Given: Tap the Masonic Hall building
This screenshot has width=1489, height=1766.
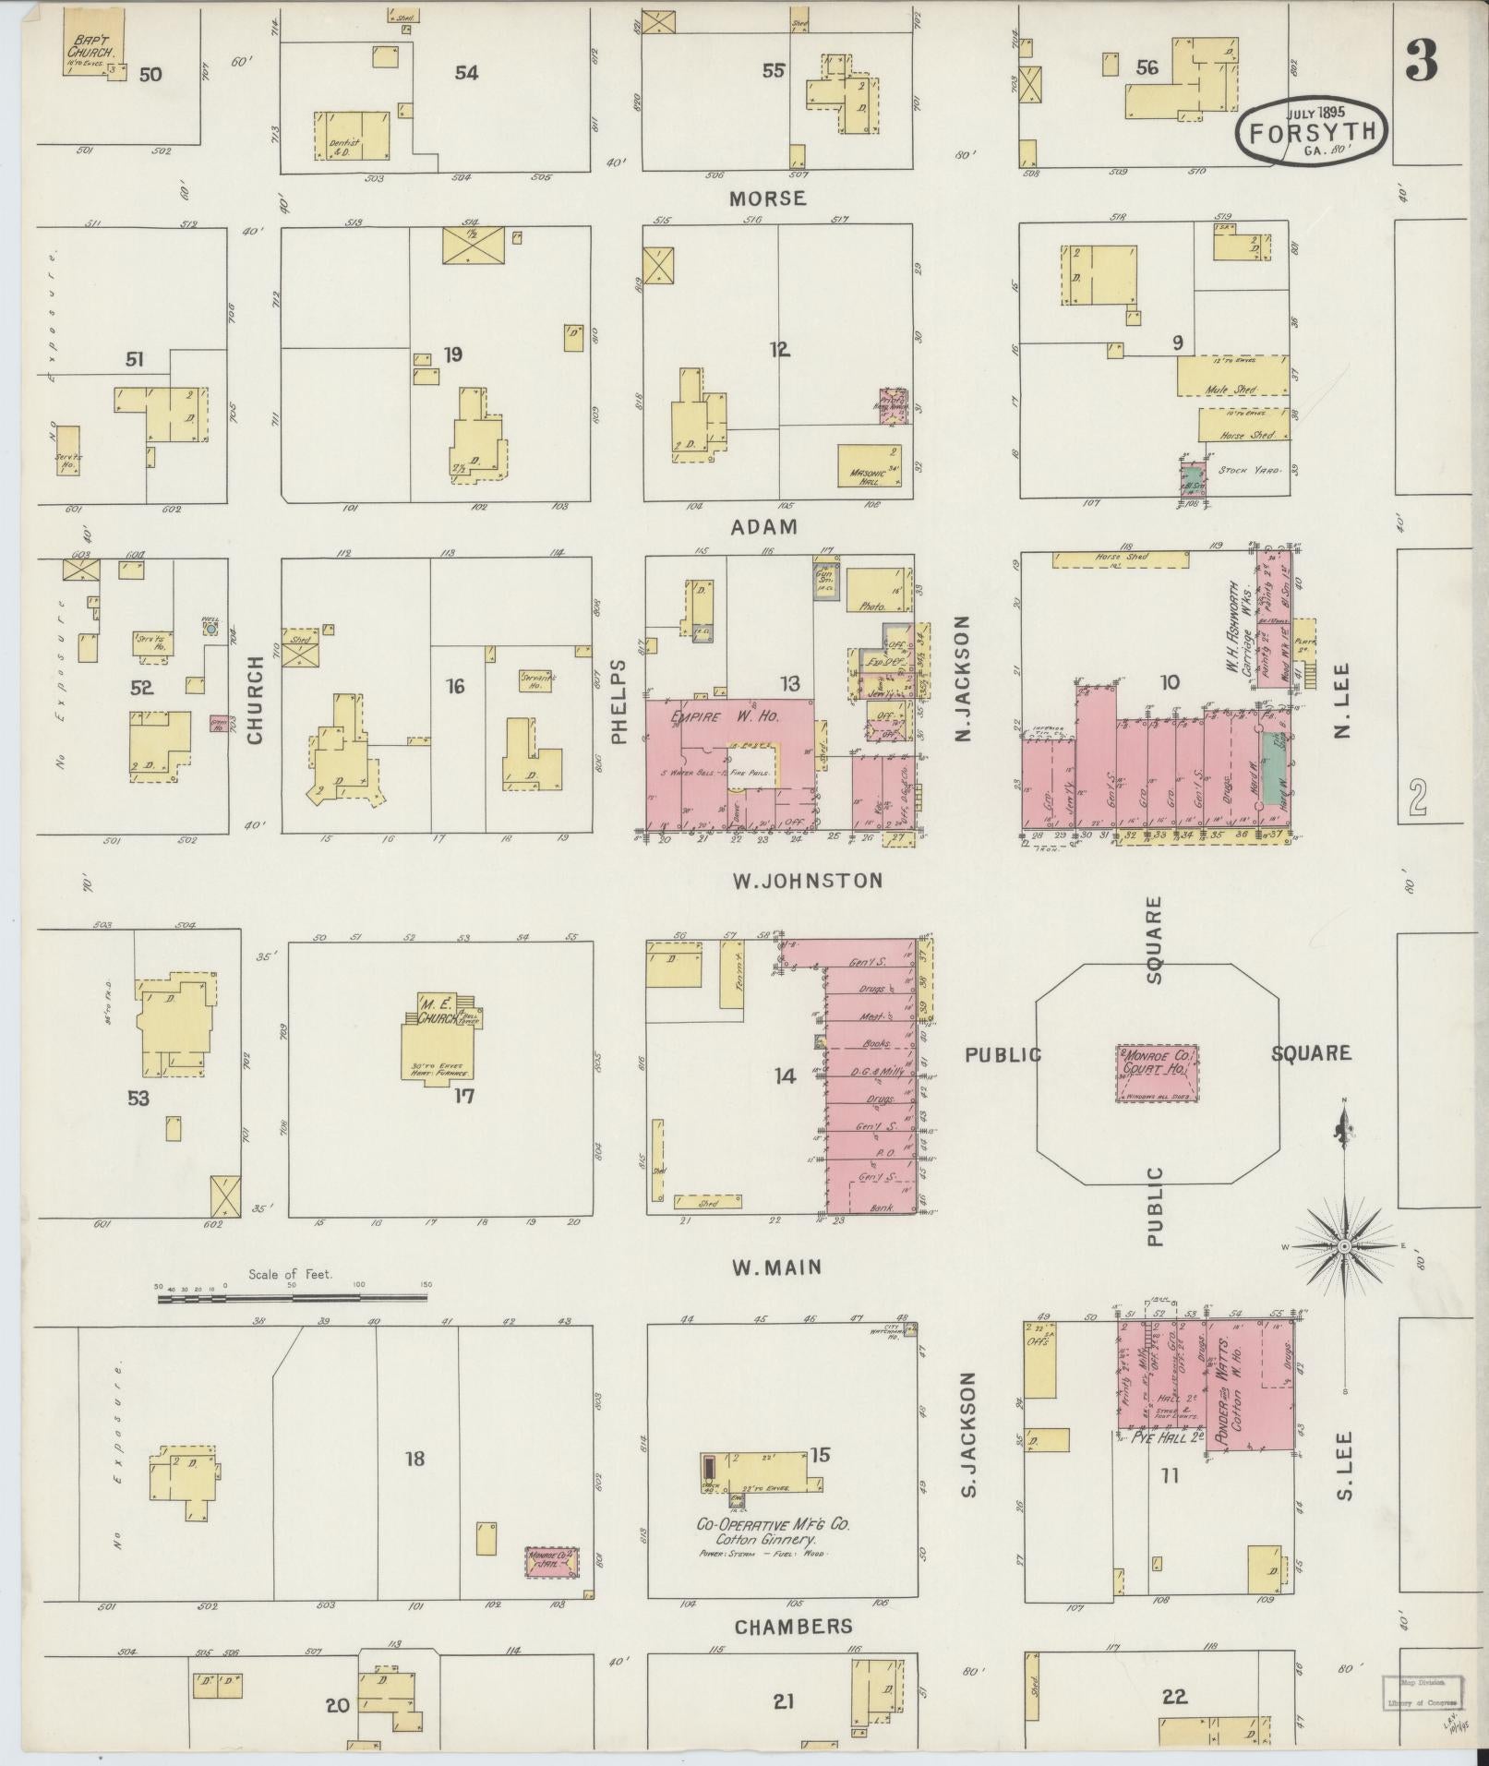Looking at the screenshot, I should point(869,465).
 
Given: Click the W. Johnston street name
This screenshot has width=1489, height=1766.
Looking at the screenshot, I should point(808,881).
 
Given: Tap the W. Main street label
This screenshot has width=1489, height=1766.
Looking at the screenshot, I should point(776,1267).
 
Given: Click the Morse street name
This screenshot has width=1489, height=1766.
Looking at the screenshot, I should point(767,198).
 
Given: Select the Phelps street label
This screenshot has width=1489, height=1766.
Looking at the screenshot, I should point(618,701).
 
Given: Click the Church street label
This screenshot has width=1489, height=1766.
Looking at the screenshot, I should point(256,700).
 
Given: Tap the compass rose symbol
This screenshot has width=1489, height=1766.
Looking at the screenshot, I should point(1344,1245).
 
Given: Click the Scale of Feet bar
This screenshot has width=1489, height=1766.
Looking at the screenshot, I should point(293,1297).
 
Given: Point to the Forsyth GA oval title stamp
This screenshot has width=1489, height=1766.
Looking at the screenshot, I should point(1312,131).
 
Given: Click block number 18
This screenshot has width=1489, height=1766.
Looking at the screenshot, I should point(414,1459).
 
